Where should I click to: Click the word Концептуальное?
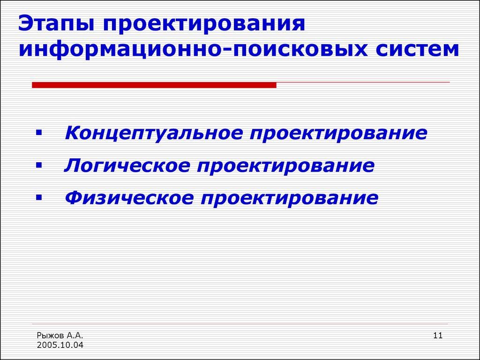coord(153,133)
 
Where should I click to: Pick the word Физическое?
coord(129,198)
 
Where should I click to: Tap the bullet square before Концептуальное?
coord(38,134)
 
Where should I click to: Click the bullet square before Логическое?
coord(38,166)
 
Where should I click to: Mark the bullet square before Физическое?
coord(38,198)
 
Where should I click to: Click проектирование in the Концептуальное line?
coord(338,133)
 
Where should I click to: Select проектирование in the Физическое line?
coord(289,198)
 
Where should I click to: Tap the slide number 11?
coord(438,335)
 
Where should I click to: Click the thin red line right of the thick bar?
coord(363,82)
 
